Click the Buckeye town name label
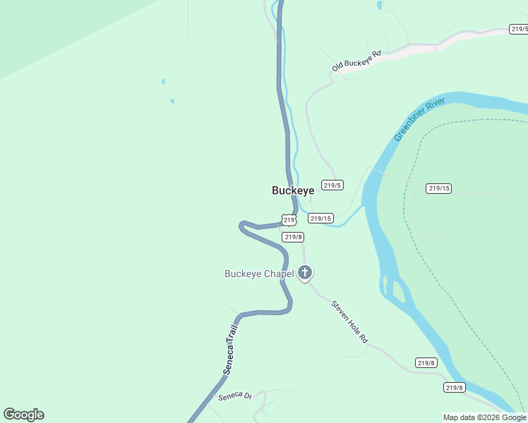click(293, 190)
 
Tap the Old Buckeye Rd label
click(356, 61)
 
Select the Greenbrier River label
click(419, 120)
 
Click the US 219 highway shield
click(289, 220)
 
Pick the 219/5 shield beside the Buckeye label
click(332, 185)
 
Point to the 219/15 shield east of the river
click(438, 188)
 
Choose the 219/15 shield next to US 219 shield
click(320, 219)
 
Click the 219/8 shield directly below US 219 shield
click(293, 237)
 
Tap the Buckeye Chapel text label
click(258, 274)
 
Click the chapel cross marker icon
click(305, 272)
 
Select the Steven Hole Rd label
click(350, 323)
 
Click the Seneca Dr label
click(235, 396)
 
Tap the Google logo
click(23, 415)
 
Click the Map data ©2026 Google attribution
click(484, 417)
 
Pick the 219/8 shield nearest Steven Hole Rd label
click(426, 362)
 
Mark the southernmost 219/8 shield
click(454, 387)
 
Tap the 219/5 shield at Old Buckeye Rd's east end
click(520, 29)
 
